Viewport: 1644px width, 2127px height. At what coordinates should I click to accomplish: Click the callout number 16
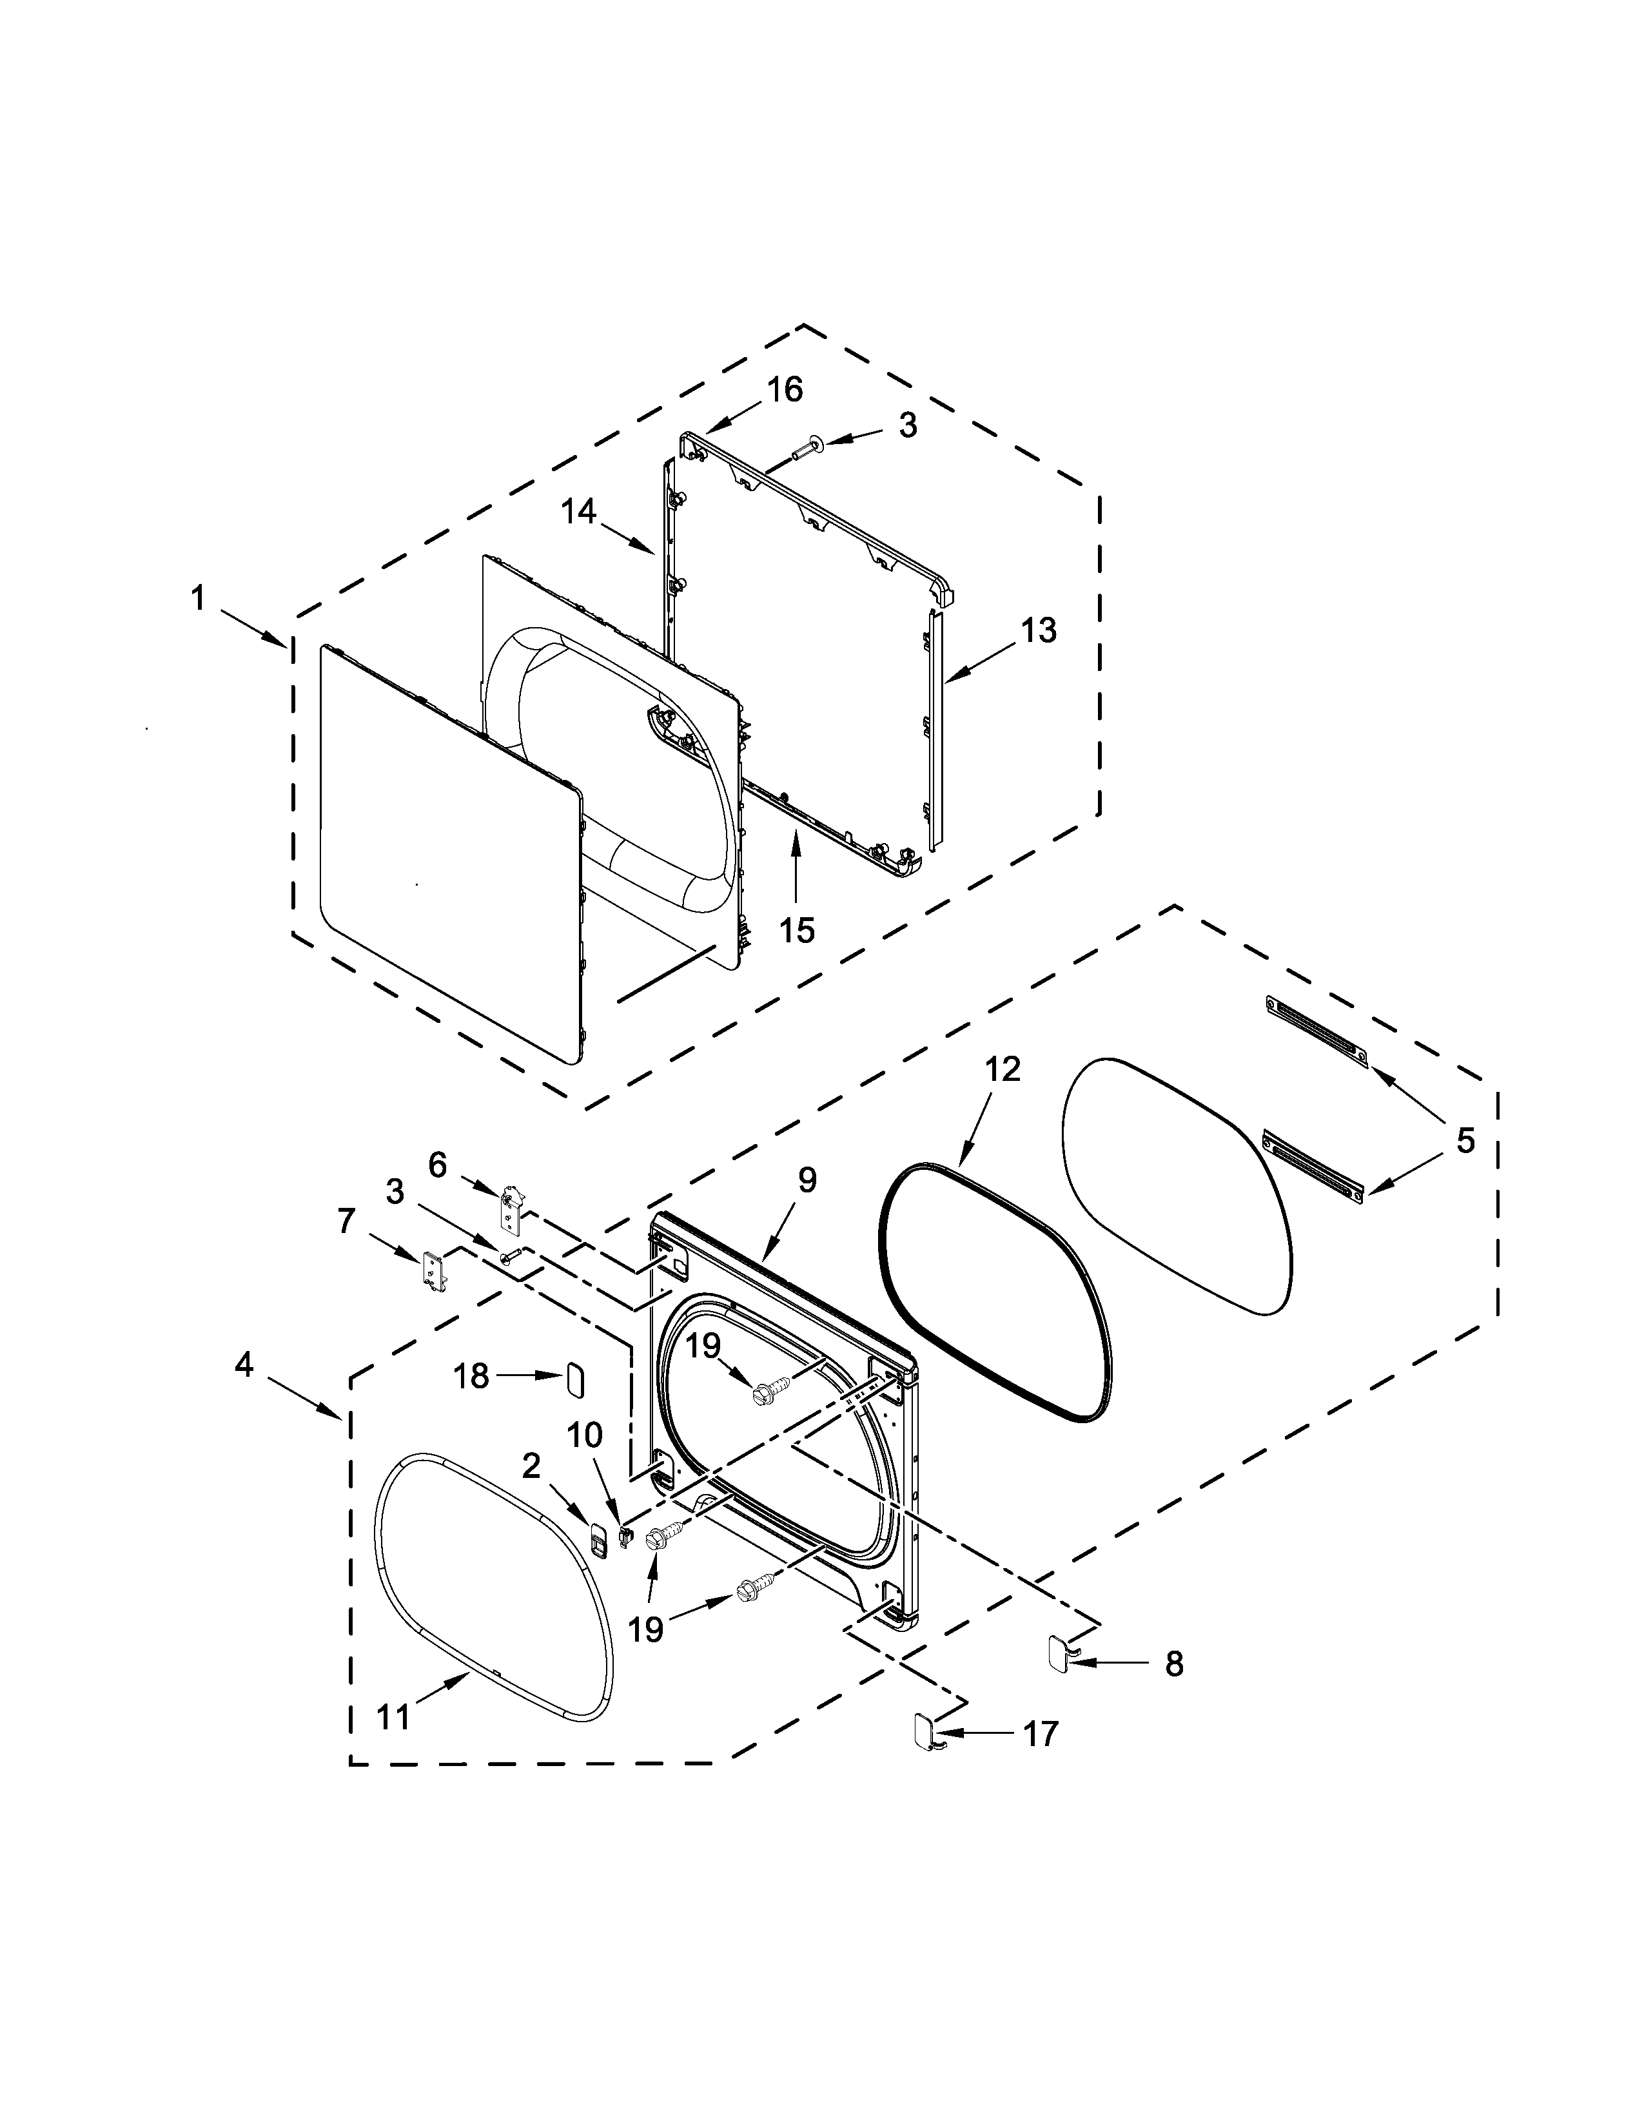pyautogui.click(x=784, y=389)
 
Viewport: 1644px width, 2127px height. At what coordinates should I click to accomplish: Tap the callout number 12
pyautogui.click(x=1002, y=1069)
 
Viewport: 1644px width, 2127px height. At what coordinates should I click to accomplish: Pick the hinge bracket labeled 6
pyautogui.click(x=511, y=1208)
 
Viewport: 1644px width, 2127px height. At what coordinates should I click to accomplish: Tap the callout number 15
pyautogui.click(x=797, y=930)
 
